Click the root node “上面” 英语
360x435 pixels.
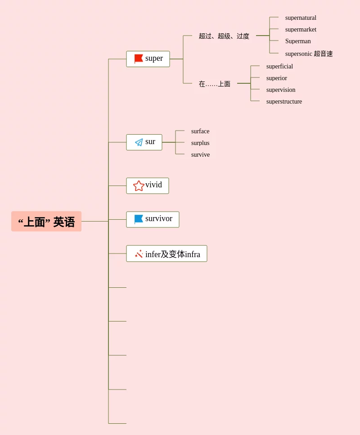[46, 222]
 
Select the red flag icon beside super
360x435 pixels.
[139, 59]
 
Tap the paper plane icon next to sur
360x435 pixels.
[139, 142]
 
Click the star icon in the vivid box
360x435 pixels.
[139, 186]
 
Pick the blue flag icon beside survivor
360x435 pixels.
[139, 219]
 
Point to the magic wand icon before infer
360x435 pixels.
[139, 254]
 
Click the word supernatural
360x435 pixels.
[301, 18]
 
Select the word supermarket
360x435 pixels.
[301, 30]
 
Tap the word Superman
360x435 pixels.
[298, 41]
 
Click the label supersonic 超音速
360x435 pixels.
[309, 54]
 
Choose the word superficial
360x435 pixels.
[279, 67]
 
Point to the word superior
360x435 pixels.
[276, 78]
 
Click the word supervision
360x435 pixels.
[281, 90]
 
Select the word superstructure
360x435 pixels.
[284, 102]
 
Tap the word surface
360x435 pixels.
[200, 131]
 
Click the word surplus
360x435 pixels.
[200, 143]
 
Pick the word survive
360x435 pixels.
[200, 155]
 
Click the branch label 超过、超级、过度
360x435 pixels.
[224, 36]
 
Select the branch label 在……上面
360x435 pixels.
[215, 84]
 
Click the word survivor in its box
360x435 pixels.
[159, 219]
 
